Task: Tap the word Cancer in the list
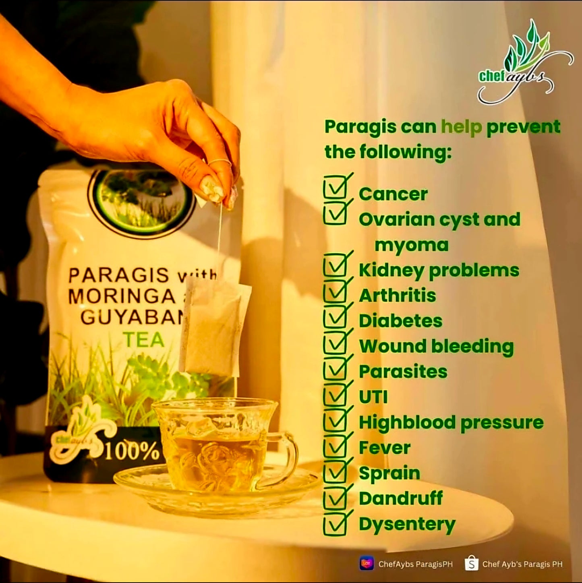[393, 194]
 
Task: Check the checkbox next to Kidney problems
[335, 266]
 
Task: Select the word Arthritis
[397, 296]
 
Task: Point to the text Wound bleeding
[436, 346]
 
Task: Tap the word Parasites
[403, 372]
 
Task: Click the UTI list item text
[373, 397]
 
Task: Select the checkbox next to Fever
[335, 445]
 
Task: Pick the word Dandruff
[401, 498]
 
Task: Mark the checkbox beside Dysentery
[335, 523]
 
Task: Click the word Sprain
[389, 473]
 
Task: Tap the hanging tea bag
[215, 326]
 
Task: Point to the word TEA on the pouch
[144, 339]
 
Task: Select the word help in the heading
[461, 127]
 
